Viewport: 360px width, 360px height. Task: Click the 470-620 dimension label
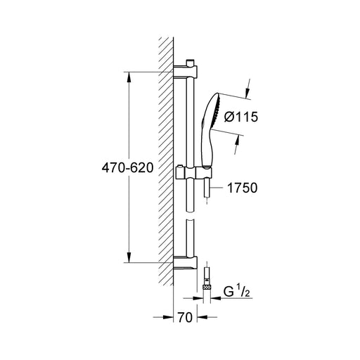[x=127, y=168]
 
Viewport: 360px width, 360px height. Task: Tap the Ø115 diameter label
[x=241, y=117]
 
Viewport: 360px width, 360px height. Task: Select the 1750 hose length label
[x=242, y=188]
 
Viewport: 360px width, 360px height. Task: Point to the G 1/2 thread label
[x=236, y=291]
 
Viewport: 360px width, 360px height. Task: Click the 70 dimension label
[x=185, y=318]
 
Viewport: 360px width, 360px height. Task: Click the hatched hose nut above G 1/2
[x=207, y=287]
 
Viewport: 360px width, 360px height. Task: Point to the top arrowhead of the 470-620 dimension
[x=129, y=77]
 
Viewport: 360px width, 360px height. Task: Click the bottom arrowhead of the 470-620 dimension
[x=129, y=257]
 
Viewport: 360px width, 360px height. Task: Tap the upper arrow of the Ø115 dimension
[x=248, y=89]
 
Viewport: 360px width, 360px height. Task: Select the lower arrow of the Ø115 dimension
[x=237, y=145]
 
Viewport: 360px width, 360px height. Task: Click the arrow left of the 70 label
[x=163, y=317]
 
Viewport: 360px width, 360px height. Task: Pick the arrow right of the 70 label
[x=207, y=317]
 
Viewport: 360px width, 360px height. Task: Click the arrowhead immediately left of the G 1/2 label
[x=215, y=298]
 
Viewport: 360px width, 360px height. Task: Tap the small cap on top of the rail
[x=190, y=63]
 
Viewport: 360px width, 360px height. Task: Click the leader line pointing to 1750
[x=217, y=188]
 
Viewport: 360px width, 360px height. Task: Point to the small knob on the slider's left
[x=180, y=167]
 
